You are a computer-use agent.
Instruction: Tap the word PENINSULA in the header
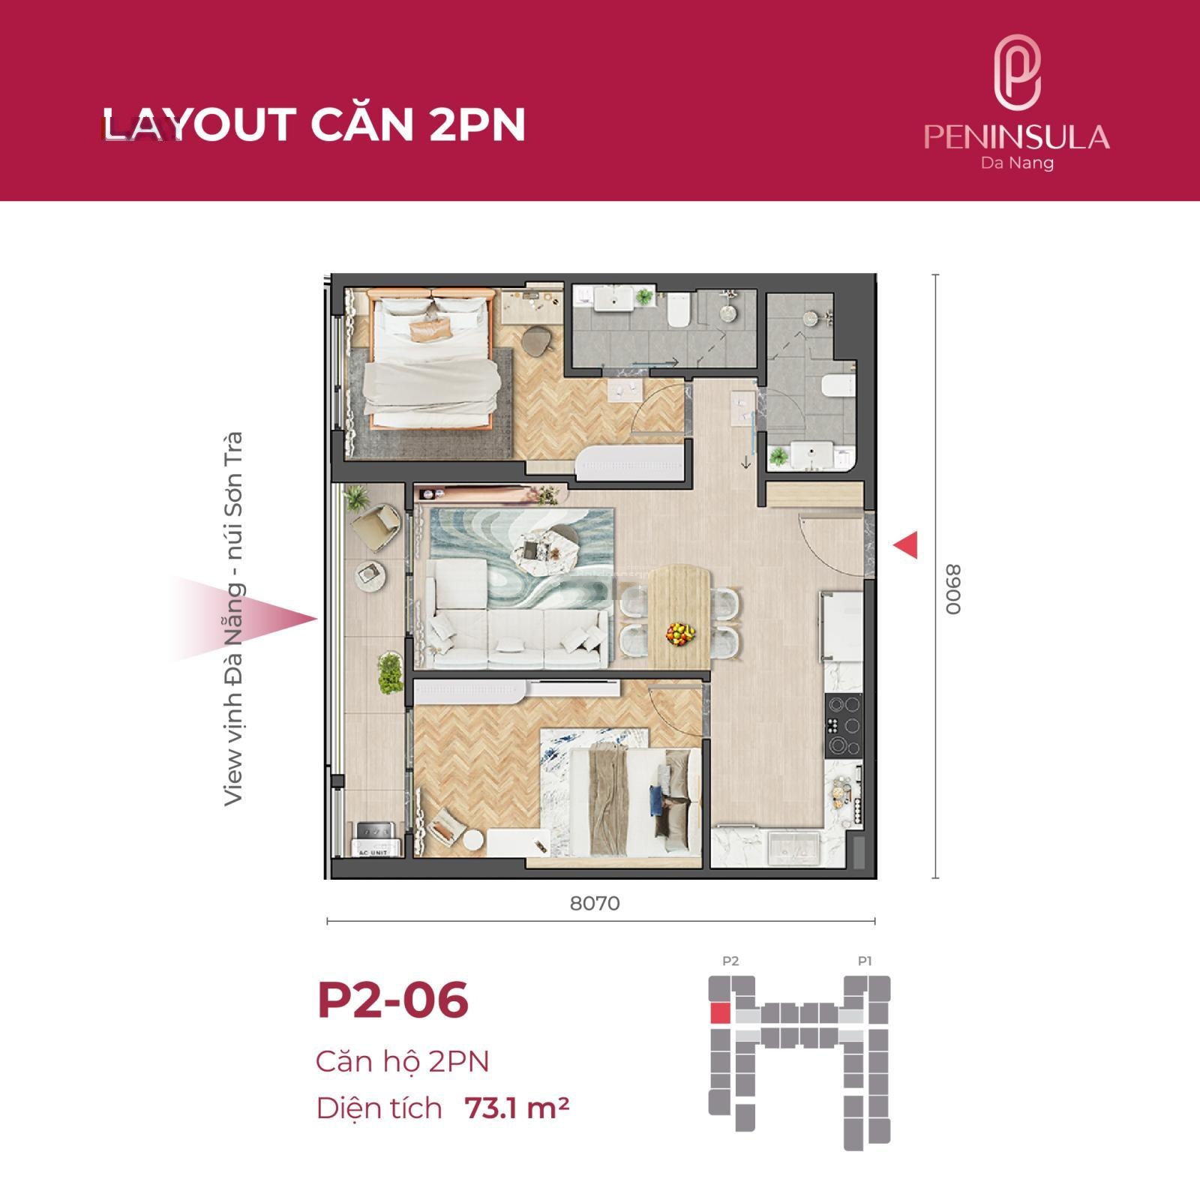[1017, 137]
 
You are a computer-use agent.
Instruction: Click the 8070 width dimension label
[595, 903]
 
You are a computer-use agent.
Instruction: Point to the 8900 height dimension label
[952, 589]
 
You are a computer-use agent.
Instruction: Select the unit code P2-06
[393, 1000]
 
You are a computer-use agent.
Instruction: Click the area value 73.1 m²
[517, 1108]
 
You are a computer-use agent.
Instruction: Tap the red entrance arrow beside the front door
[905, 544]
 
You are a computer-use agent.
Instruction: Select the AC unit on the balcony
[374, 839]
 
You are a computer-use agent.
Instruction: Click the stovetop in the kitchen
[844, 724]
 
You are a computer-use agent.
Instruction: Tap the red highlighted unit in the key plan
[719, 1015]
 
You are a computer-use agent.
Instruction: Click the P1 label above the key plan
[865, 961]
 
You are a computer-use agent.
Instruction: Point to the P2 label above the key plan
[730, 961]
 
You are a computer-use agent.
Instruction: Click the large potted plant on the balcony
[390, 672]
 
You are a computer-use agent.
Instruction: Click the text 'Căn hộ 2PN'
[403, 1061]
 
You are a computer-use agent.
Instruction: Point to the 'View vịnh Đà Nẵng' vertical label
[234, 619]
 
